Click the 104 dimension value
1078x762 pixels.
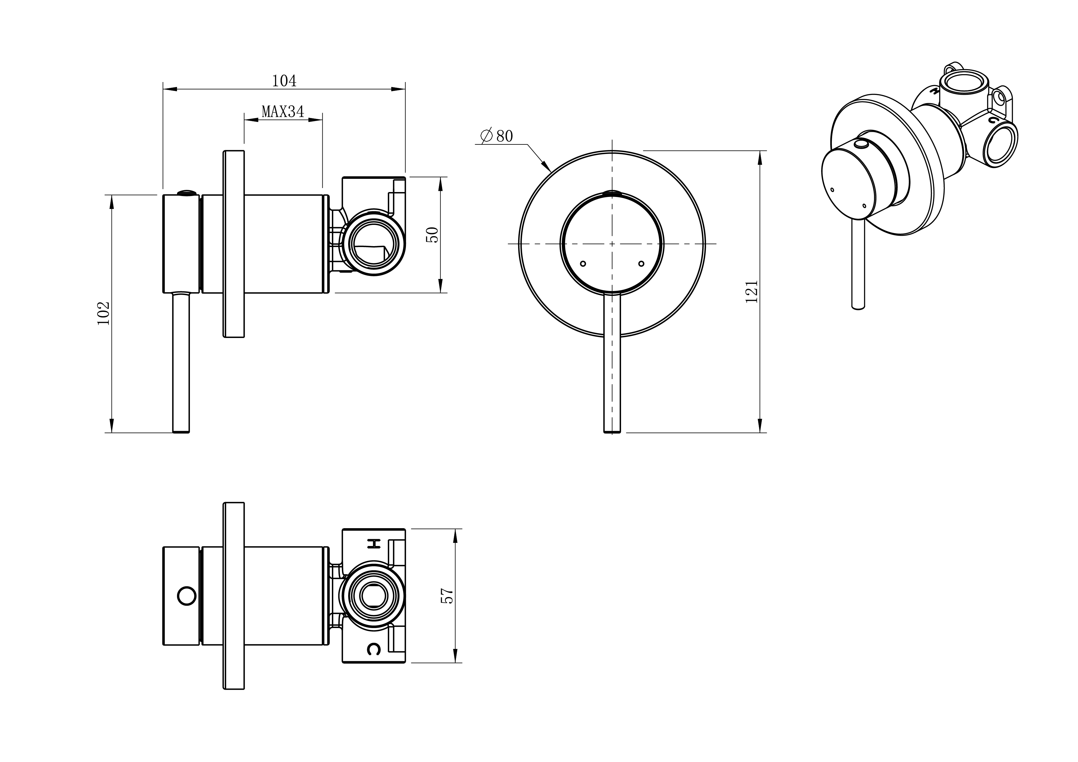284,81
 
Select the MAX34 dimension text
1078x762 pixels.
283,112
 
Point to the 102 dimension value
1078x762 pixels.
103,313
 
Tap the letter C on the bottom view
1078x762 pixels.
374,649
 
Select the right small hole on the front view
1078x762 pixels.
641,263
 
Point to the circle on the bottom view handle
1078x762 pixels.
187,596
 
